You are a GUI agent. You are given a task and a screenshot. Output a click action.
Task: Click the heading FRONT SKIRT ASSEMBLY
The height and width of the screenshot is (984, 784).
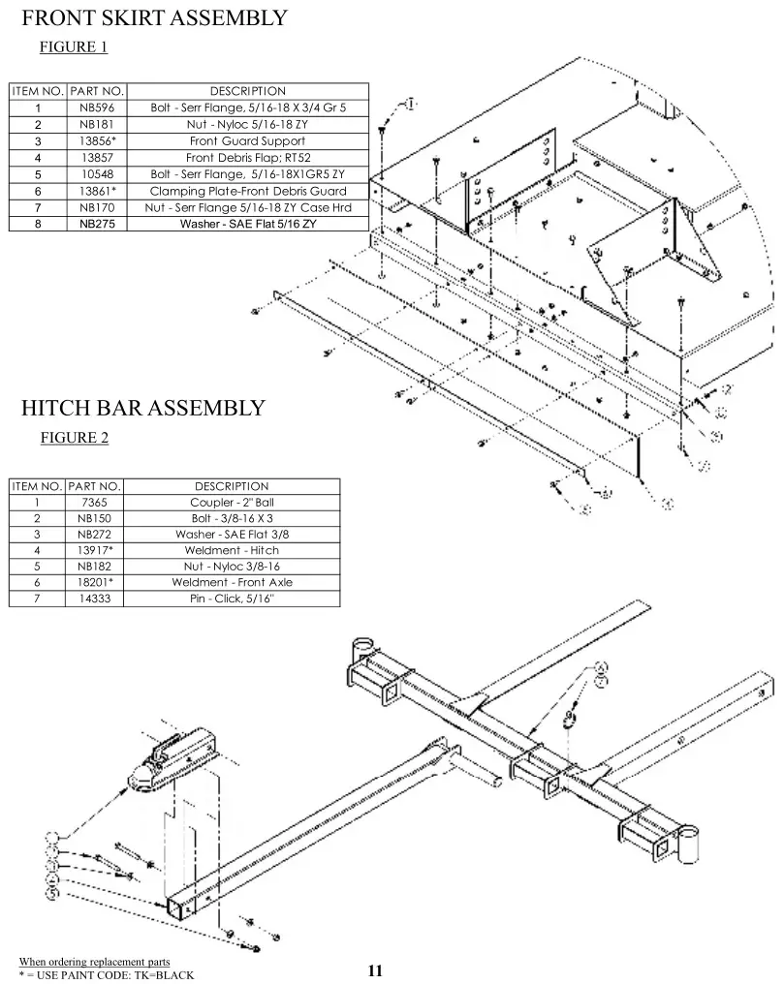tap(154, 17)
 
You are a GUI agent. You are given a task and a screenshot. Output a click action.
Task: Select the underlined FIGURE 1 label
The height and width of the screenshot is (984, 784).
tap(74, 46)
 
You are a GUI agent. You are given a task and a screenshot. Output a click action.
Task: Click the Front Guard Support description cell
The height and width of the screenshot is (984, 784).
tap(247, 140)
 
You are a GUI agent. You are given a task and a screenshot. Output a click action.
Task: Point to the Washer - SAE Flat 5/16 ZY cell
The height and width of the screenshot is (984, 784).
tap(247, 224)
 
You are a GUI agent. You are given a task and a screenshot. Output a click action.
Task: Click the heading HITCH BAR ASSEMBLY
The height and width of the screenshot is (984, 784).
tap(142, 408)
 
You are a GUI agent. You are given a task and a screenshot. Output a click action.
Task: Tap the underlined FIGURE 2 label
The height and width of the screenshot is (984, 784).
tap(74, 438)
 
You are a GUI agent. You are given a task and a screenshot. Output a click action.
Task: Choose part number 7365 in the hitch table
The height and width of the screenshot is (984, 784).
tap(95, 503)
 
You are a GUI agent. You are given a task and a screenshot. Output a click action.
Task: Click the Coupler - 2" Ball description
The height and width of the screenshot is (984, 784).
tap(232, 503)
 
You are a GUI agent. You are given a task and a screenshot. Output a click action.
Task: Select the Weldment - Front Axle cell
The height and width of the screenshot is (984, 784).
tap(232, 582)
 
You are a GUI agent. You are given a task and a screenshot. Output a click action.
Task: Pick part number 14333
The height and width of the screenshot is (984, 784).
tap(95, 599)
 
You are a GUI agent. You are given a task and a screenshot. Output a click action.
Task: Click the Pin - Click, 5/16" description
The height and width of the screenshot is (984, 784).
tap(232, 599)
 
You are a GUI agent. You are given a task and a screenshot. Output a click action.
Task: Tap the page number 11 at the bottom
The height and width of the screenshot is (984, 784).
tap(376, 970)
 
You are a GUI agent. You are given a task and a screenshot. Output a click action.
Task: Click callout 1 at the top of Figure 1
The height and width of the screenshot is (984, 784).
tap(411, 104)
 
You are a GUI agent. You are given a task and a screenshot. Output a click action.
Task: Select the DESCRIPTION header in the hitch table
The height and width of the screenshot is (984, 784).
tap(232, 486)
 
